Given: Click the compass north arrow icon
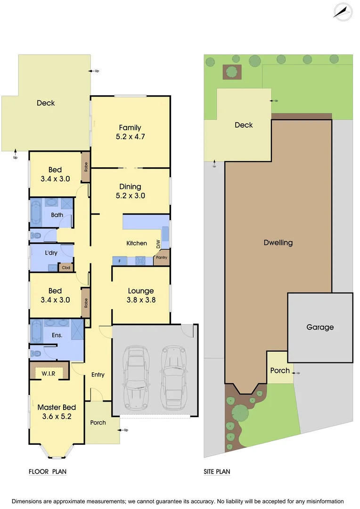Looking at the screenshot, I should coord(343,11).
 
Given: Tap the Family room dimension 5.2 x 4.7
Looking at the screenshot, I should coord(130,137).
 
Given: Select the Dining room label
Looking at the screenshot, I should coord(130,187).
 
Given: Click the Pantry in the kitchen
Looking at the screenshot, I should coord(161,257).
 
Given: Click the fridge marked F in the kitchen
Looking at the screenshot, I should coord(119,260).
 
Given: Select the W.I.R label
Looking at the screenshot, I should coord(49,374).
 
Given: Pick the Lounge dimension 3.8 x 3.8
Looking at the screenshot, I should coord(141,300).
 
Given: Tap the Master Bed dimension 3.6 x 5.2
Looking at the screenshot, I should coord(57,416).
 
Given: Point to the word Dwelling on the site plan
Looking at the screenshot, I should coord(278,243).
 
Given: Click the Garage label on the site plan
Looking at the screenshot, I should coord(320,327).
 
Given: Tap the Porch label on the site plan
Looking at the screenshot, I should coord(280,370).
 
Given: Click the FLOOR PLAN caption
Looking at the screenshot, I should coord(48,472).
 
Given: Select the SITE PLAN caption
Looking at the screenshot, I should coord(217,472).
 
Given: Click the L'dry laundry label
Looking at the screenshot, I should coord(51,253).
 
